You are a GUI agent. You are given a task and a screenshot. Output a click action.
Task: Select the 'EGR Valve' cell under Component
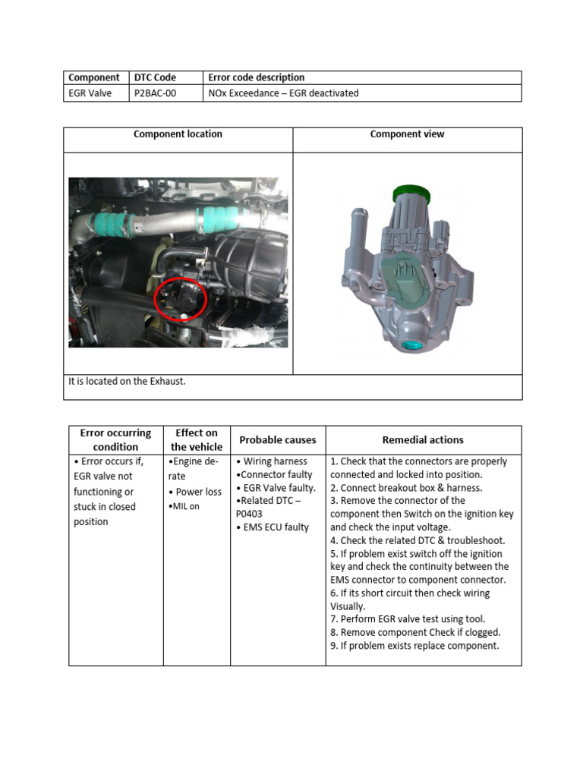point(90,93)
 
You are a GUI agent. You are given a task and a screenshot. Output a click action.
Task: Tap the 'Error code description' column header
point(256,77)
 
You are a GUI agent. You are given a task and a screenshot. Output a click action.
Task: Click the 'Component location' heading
point(178,134)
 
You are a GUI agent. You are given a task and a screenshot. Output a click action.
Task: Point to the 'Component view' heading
point(407,134)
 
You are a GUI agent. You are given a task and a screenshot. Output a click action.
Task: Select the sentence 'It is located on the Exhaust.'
point(127,381)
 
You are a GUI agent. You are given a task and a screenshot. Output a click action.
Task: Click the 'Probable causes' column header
point(278,440)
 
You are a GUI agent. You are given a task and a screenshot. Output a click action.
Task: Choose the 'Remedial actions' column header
point(423,440)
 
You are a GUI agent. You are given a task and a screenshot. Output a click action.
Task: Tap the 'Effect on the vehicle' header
point(197,440)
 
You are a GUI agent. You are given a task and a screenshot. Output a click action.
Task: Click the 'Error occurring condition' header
point(115,440)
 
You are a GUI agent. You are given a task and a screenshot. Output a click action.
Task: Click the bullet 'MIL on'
point(185,506)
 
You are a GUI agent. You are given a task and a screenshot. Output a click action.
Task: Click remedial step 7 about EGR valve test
point(408,619)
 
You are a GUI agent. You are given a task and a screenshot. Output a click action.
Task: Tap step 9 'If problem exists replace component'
point(414,646)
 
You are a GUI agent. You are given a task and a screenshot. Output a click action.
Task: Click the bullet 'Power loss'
point(197,492)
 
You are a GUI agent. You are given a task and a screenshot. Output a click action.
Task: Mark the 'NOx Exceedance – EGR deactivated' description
point(283,93)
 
